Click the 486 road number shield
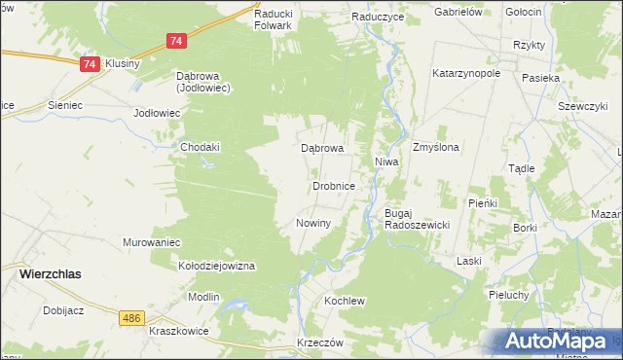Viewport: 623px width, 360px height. pos(132,318)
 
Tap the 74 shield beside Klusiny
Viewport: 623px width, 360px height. pos(89,64)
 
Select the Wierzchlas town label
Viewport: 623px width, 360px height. pos(51,274)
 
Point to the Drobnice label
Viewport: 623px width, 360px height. pos(339,185)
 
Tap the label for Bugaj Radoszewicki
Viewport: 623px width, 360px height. pos(416,218)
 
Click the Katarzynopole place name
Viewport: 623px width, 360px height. pos(466,73)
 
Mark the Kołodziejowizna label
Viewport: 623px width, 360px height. pos(215,265)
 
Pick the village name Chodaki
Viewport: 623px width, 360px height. pos(201,147)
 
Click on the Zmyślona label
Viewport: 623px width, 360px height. pos(435,147)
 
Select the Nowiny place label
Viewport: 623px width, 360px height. pos(313,223)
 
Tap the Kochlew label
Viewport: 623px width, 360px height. pos(344,301)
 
